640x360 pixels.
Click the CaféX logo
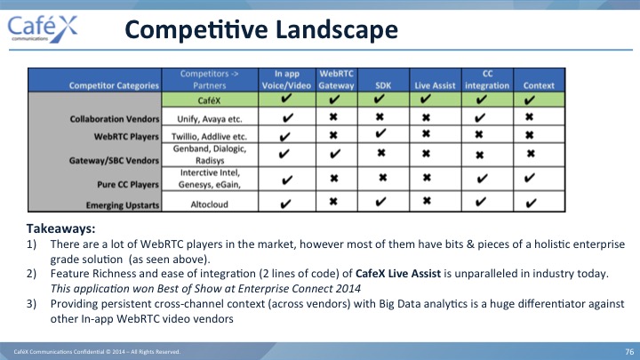coord(43,28)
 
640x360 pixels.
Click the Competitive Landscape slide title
coord(261,30)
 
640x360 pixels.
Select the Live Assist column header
coord(435,85)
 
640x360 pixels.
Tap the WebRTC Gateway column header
coord(336,80)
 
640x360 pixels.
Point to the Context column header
coord(539,85)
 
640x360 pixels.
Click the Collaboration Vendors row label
coord(115,119)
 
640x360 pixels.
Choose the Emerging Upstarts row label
coord(123,205)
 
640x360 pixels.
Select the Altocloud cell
coord(210,204)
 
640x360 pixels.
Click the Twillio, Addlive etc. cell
coord(210,136)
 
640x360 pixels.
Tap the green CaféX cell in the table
coord(210,100)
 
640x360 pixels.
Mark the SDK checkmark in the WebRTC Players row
coord(380,133)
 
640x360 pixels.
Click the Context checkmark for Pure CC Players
coord(530,178)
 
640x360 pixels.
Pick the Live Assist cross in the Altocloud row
coord(427,201)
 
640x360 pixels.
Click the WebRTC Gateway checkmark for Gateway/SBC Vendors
coord(335,154)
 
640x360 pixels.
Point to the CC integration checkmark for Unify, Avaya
coord(480,118)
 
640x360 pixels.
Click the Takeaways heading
coord(60,228)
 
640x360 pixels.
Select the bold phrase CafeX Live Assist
coord(398,273)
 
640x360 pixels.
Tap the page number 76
coord(629,351)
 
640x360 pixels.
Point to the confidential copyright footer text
coord(97,352)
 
